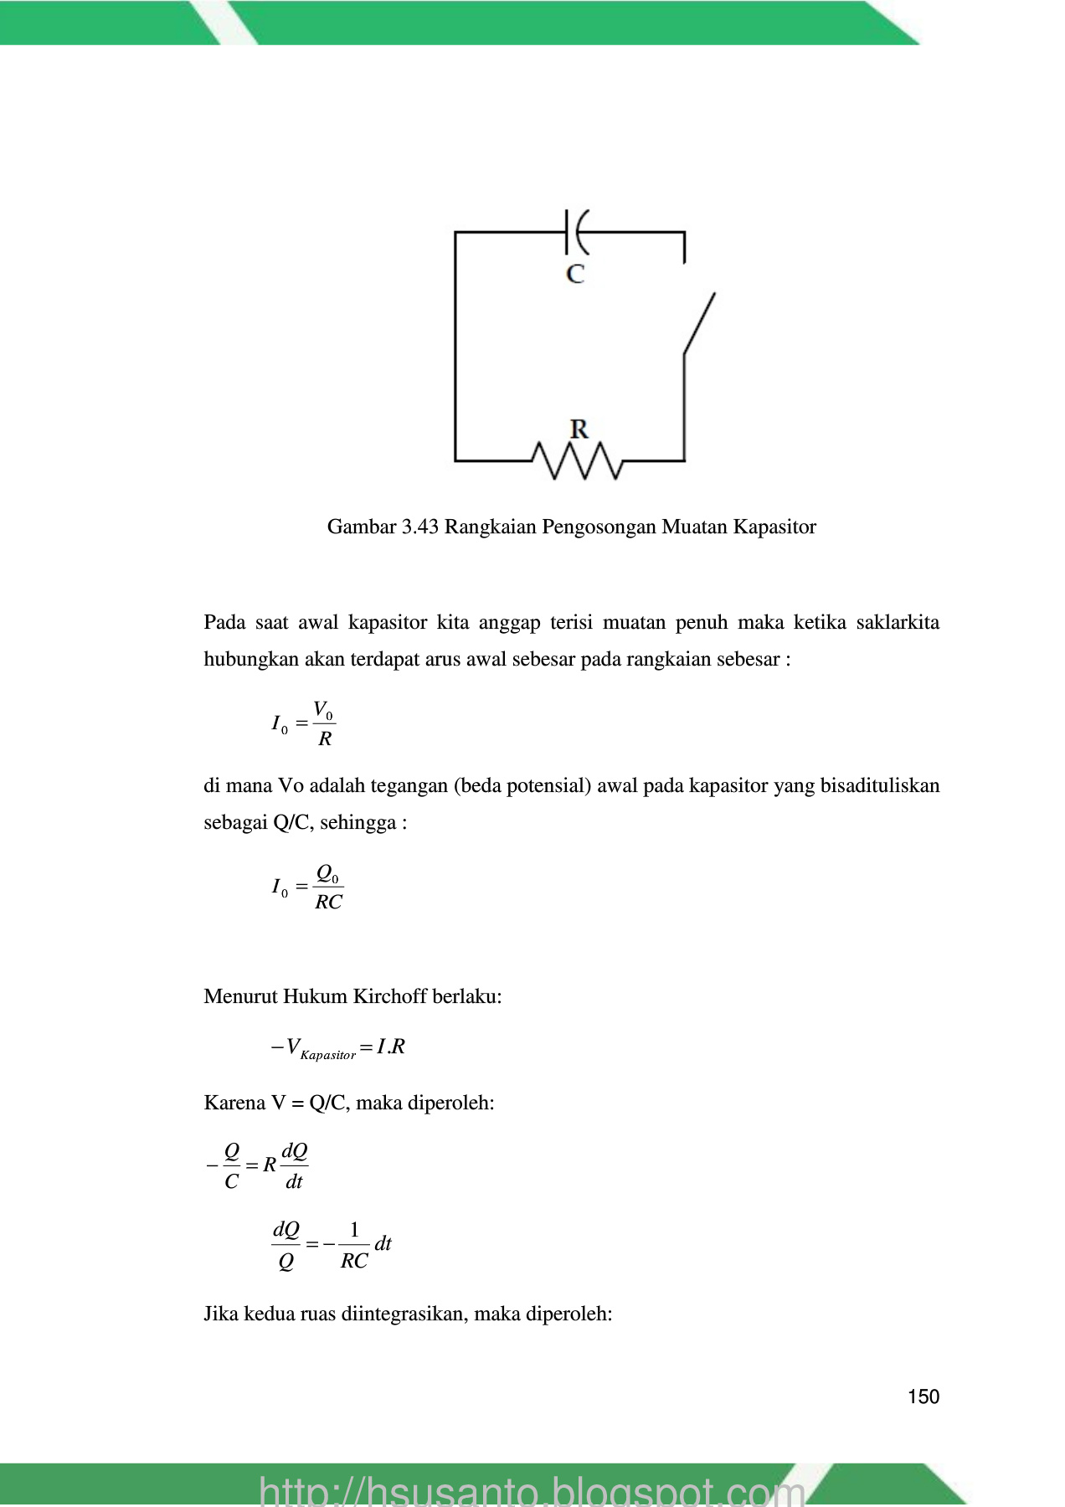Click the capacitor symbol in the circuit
click(x=577, y=232)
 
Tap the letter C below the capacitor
click(x=575, y=274)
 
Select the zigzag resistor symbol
click(x=577, y=461)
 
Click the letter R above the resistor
click(x=579, y=429)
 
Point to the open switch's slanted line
click(x=700, y=324)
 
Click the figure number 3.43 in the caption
click(x=420, y=527)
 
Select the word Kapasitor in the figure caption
click(x=775, y=527)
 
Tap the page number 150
click(x=924, y=1396)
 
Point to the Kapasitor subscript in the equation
click(x=327, y=1055)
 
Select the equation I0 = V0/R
click(x=303, y=724)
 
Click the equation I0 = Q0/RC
click(x=307, y=887)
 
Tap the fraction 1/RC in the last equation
click(x=354, y=1245)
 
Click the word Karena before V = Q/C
click(x=234, y=1103)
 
